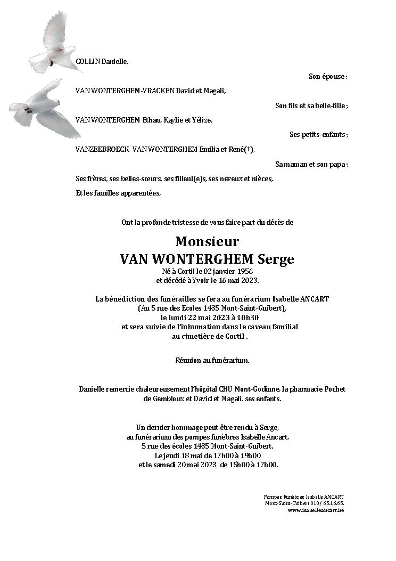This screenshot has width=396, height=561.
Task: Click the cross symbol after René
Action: click(x=247, y=150)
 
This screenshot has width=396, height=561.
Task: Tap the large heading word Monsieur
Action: click(x=207, y=241)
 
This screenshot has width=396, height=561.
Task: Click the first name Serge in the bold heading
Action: click(x=276, y=259)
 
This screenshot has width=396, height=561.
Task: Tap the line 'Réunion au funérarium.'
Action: click(x=212, y=361)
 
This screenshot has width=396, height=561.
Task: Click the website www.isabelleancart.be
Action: click(x=315, y=510)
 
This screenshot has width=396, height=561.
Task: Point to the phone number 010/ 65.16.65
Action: click(x=327, y=503)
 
